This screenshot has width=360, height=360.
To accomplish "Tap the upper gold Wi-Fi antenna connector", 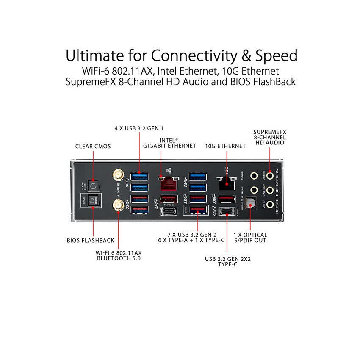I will [117, 175].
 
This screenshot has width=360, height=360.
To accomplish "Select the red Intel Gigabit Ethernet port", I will [169, 182].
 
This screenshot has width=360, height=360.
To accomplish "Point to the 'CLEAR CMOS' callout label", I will [93, 146].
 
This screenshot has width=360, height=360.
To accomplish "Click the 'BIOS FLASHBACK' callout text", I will [91, 240].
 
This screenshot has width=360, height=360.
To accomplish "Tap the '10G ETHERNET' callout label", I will [225, 146].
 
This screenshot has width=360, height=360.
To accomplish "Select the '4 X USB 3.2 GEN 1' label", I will [139, 128].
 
